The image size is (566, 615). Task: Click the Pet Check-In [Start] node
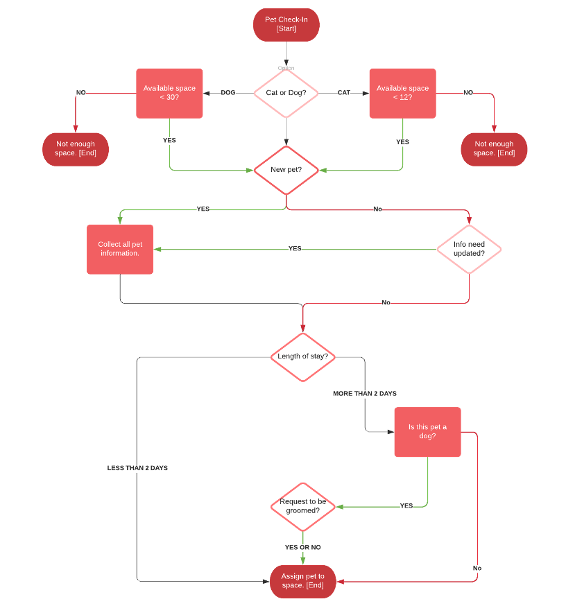286,24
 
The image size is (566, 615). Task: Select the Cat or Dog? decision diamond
286,93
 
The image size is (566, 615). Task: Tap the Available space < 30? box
169,93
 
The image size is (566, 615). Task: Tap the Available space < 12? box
402,93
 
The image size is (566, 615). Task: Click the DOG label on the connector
228,93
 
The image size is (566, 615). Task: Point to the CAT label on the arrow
344,93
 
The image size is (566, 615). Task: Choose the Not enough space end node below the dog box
75,149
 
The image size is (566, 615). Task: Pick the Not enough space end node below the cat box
494,149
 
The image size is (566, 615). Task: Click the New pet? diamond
286,169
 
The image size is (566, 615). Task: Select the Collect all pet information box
120,249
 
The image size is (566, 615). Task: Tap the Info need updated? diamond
469,249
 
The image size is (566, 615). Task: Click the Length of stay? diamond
302,356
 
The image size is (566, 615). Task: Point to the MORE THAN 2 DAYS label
365,394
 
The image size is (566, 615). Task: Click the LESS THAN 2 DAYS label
137,468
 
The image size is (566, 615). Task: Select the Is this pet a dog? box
427,431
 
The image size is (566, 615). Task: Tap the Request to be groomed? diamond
302,506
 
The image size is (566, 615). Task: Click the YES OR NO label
302,547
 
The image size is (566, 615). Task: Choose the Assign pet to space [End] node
302,581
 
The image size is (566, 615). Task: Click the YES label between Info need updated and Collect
295,248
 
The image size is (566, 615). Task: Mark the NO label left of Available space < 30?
81,93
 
